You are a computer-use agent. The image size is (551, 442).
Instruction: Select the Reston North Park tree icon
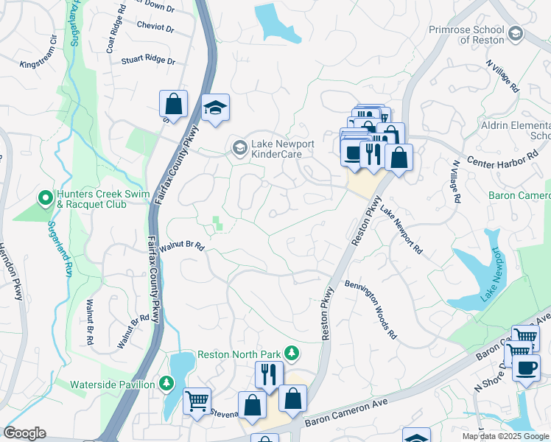(x=292, y=354)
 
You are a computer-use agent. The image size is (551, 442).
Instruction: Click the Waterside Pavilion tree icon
(x=166, y=384)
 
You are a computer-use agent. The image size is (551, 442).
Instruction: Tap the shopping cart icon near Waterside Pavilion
(x=197, y=401)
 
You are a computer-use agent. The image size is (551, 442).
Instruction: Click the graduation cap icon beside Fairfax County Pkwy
(x=215, y=108)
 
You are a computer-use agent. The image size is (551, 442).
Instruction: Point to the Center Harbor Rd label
(x=508, y=160)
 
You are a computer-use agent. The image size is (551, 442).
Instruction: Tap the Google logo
(x=25, y=432)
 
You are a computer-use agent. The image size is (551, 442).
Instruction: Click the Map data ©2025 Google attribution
(x=505, y=436)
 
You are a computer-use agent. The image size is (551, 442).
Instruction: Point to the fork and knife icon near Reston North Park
(x=268, y=373)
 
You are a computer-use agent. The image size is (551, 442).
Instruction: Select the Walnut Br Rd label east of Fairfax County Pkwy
(x=180, y=248)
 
